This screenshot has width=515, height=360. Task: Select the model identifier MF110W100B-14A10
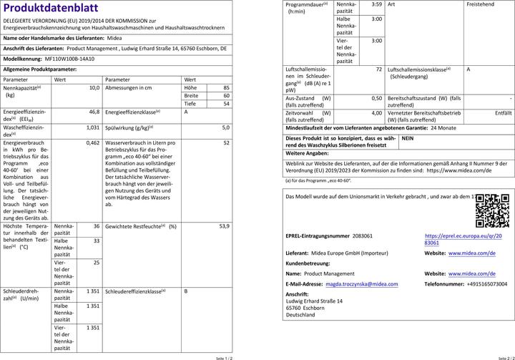(69, 60)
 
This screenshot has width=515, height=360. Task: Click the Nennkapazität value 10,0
(93, 88)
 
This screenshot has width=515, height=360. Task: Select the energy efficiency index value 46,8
(93, 112)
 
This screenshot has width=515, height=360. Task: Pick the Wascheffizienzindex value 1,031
(92, 127)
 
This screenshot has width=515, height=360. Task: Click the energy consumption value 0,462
(92, 143)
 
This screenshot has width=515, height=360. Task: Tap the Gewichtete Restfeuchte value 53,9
(223, 226)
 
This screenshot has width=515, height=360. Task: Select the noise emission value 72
(379, 69)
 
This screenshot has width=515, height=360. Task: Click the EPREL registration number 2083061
(363, 235)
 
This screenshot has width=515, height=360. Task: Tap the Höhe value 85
(226, 88)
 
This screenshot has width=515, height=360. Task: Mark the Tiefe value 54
(226, 104)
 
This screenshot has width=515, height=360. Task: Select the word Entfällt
(503, 112)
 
